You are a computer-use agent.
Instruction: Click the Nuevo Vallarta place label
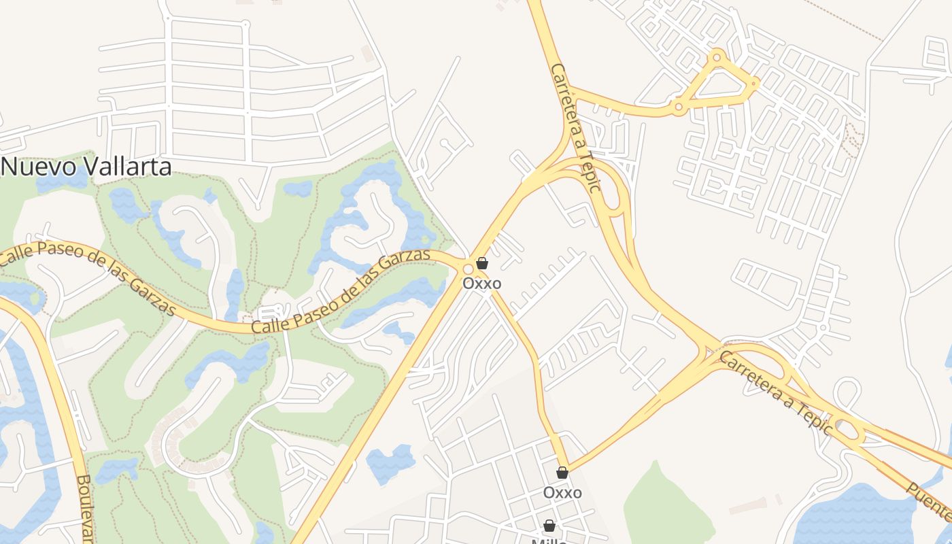coord(87,167)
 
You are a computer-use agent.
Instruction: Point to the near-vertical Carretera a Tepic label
coord(577,128)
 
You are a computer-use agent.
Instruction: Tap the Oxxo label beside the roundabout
coord(482,283)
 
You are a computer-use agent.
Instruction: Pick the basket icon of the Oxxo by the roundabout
coord(482,263)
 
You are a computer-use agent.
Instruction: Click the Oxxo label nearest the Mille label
coord(562,492)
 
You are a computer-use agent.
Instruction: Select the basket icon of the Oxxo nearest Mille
coord(562,473)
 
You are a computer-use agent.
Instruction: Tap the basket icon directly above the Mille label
coord(549,526)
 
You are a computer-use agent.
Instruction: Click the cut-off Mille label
coord(549,540)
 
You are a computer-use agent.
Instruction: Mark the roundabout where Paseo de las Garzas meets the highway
coord(468,267)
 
